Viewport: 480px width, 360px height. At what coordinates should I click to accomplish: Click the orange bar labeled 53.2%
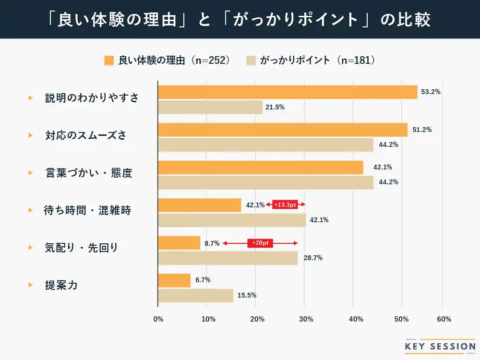[288, 92]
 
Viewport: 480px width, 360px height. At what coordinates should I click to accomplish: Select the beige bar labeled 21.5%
[210, 107]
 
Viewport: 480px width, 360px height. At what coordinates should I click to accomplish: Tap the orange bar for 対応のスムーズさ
[283, 130]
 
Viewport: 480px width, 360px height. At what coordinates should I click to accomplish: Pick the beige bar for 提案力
[195, 296]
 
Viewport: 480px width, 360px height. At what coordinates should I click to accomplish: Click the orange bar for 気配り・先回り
[179, 243]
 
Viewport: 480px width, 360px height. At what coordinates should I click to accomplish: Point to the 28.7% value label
[313, 258]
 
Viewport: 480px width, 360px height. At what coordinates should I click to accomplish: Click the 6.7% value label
[203, 280]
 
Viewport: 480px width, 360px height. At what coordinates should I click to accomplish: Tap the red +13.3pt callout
[285, 205]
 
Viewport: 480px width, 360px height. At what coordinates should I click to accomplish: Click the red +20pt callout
[260, 243]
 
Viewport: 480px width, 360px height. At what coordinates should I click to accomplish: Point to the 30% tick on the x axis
[306, 319]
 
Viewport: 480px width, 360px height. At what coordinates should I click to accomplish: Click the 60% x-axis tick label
[444, 319]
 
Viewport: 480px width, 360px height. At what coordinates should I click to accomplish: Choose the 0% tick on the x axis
[158, 319]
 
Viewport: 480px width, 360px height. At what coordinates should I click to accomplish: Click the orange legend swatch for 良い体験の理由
[108, 60]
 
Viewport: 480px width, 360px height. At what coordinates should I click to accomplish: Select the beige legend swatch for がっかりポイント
[251, 60]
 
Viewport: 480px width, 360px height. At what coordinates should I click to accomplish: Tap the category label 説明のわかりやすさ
[92, 98]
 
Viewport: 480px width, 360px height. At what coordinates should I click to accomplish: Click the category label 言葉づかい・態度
[88, 173]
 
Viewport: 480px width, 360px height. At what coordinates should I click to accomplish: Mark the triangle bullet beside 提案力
[31, 285]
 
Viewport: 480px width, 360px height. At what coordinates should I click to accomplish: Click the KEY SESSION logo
[440, 346]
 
